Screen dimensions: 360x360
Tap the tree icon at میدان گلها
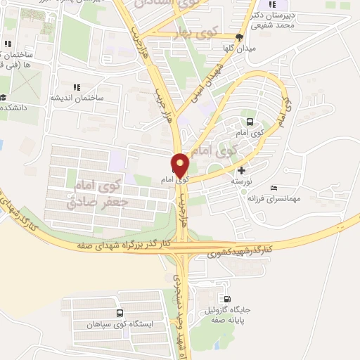[240, 37]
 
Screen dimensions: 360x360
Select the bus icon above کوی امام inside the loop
[250, 121]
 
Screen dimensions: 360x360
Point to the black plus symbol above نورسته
[242, 169]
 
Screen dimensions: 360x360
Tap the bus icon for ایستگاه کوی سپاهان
[120, 314]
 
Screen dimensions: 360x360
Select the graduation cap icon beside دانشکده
[3, 98]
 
